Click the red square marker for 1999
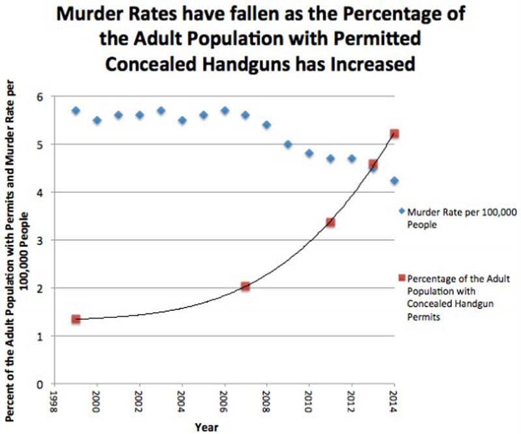coord(76,319)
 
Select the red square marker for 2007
coord(246,286)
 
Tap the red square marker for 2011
coord(330,222)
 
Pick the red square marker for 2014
coord(394,134)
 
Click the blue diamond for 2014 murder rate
coord(394,181)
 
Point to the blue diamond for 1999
coord(76,111)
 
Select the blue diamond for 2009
coord(288,144)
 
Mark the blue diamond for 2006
coord(225,111)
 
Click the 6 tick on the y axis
coord(42,96)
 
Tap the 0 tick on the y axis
coord(42,384)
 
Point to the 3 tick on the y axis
coord(42,240)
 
